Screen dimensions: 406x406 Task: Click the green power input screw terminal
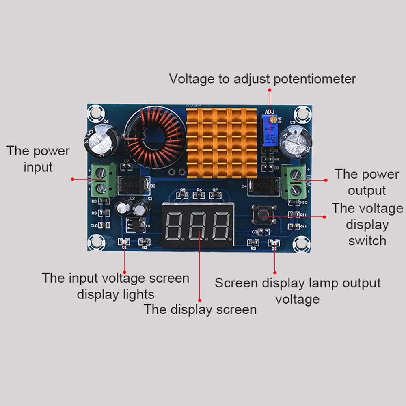pos(100,180)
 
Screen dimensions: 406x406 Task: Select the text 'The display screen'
pos(200,309)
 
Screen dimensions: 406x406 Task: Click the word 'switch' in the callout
pos(367,240)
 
